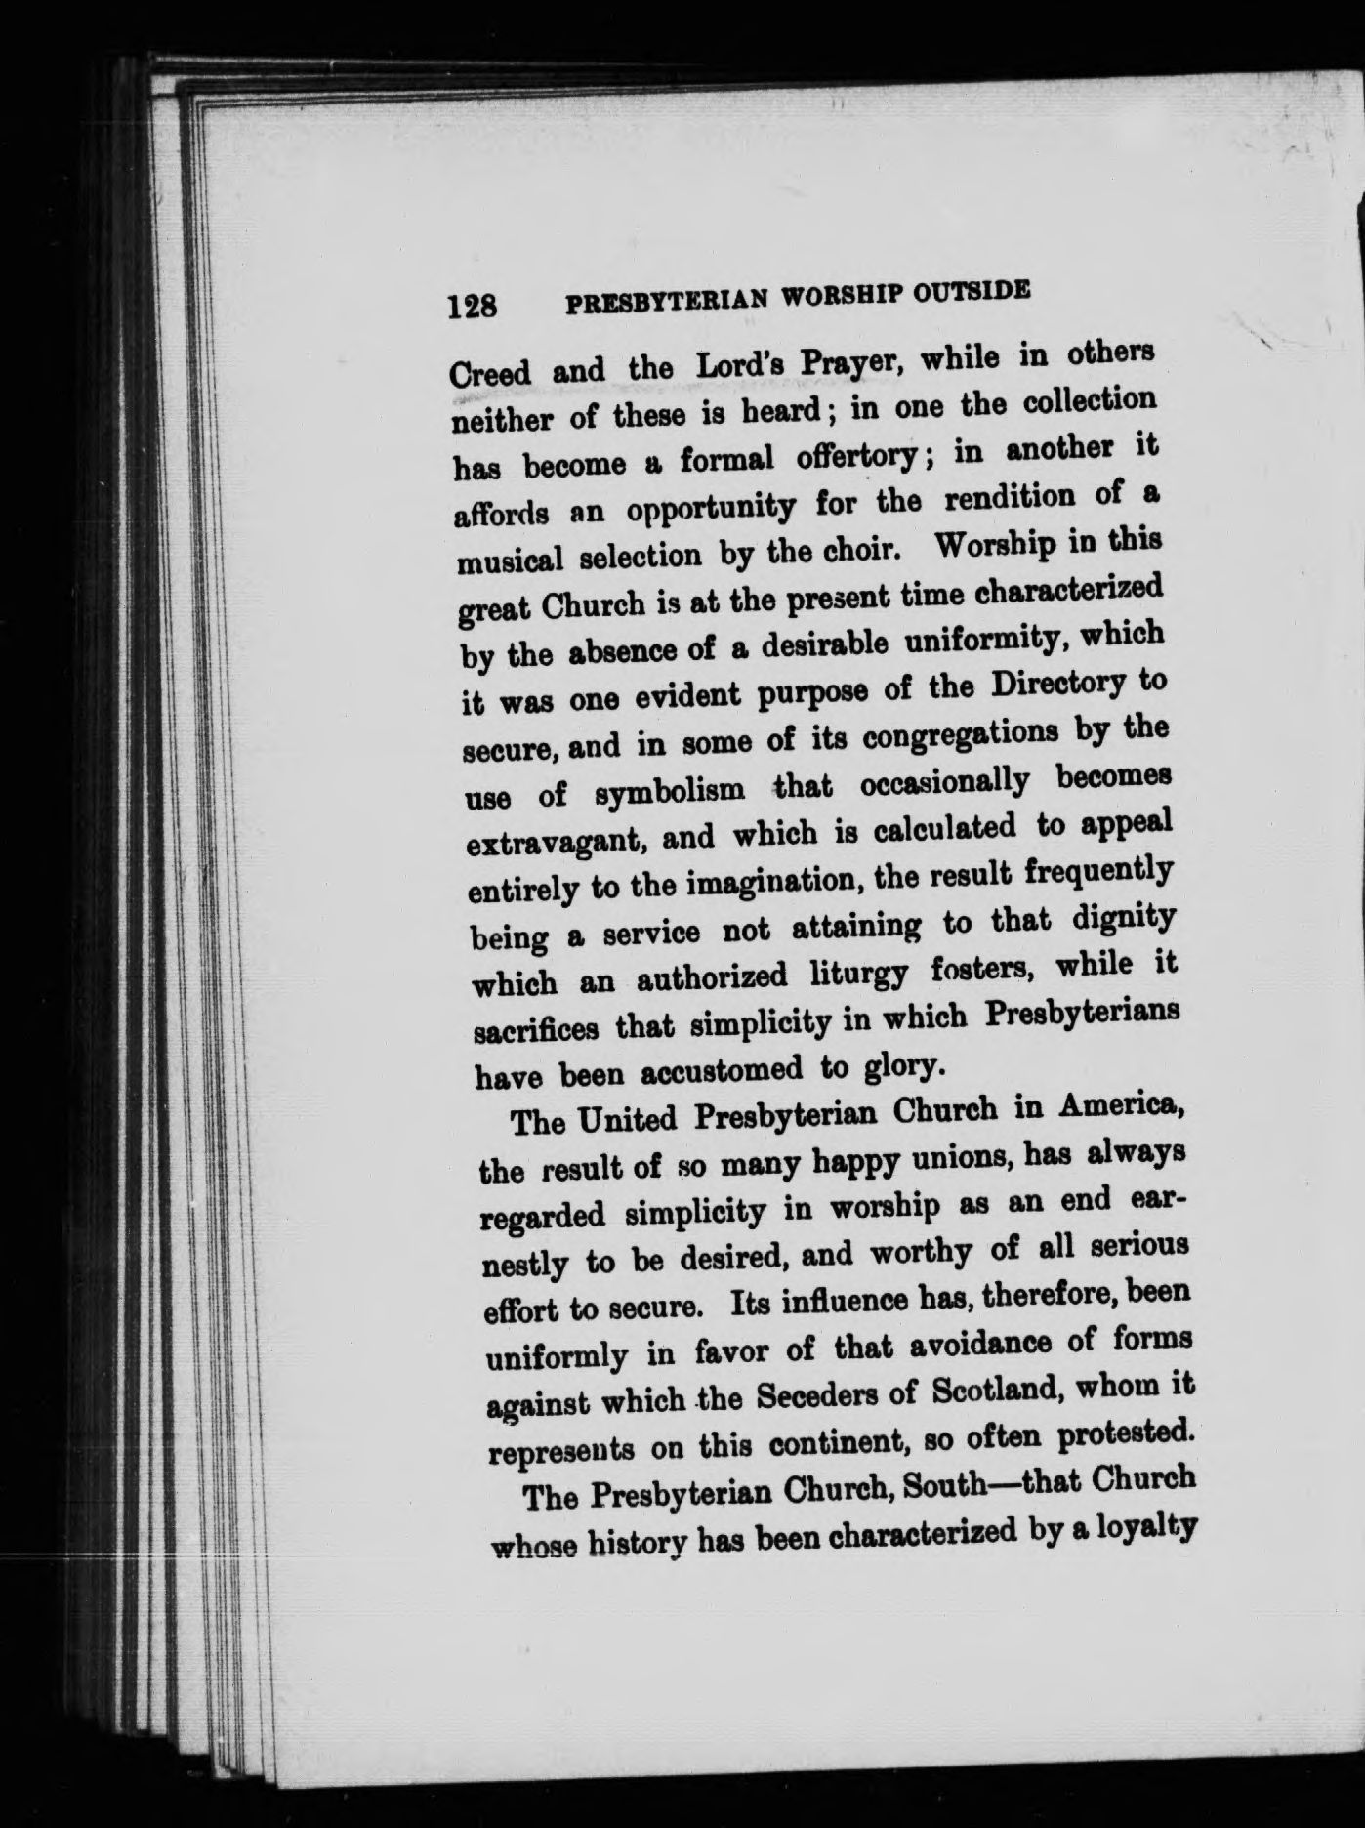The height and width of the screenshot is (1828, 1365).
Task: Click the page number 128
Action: (474, 306)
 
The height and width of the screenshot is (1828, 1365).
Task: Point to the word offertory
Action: (843, 456)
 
